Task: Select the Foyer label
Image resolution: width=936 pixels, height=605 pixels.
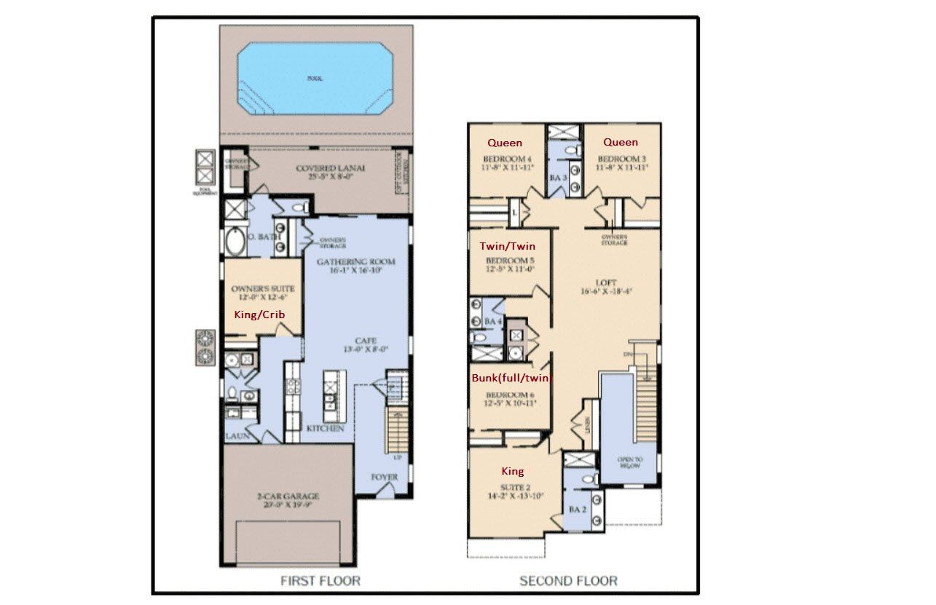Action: click(x=384, y=478)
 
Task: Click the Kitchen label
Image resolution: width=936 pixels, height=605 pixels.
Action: click(x=325, y=429)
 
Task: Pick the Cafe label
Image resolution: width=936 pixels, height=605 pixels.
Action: click(x=365, y=340)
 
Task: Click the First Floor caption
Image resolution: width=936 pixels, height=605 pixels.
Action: click(x=320, y=580)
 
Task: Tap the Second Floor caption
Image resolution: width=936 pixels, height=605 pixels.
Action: click(x=568, y=580)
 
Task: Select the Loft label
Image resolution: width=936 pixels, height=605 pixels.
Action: click(x=605, y=282)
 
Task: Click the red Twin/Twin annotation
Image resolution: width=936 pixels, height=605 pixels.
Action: click(x=507, y=246)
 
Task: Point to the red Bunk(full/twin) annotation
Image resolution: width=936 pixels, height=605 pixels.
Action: click(x=512, y=378)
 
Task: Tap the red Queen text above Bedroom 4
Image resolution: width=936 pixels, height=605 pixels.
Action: click(x=505, y=143)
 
